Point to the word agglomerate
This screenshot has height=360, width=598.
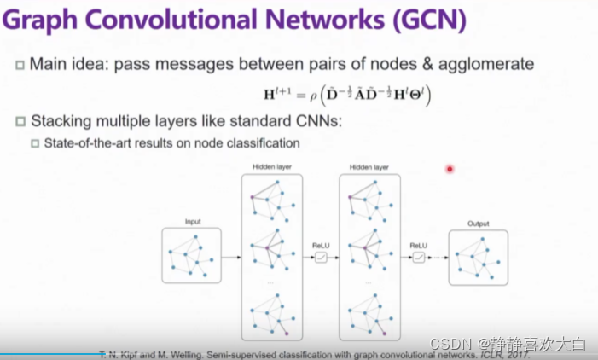click(491, 64)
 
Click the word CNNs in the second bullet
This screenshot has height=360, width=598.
click(318, 121)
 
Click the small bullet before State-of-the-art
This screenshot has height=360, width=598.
click(36, 142)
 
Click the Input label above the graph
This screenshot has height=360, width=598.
click(193, 222)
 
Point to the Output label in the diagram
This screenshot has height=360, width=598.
click(478, 224)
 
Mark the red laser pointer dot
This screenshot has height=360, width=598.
click(450, 169)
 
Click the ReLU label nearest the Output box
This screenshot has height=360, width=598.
click(418, 246)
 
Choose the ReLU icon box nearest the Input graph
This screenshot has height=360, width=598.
click(322, 257)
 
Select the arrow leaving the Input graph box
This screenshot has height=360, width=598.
click(232, 257)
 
